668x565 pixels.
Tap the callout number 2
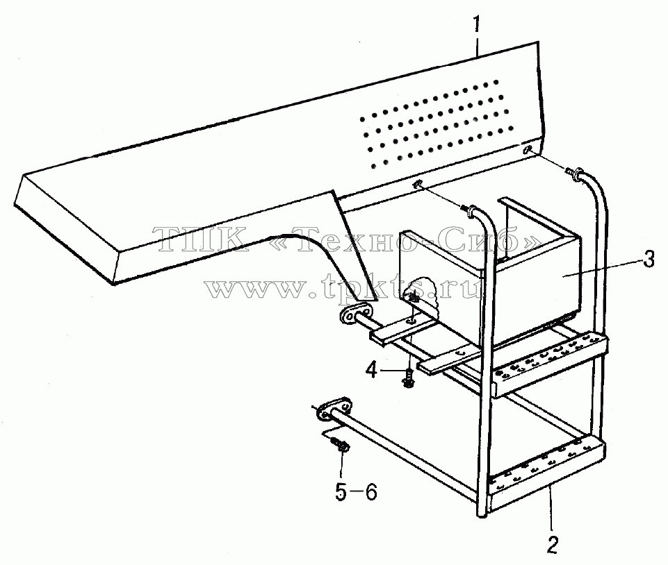tap(552, 544)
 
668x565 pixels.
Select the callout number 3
tap(648, 259)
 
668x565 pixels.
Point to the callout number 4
tap(372, 371)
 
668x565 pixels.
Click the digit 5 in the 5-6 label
tap(341, 492)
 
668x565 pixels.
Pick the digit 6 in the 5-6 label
tap(370, 492)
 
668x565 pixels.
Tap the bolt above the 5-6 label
tap(341, 445)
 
